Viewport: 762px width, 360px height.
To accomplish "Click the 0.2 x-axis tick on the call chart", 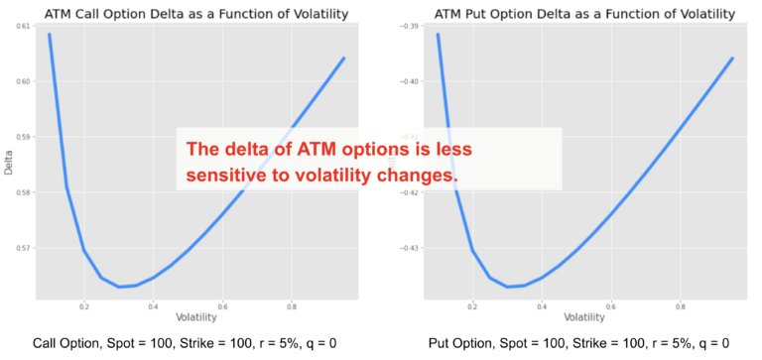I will pos(84,306).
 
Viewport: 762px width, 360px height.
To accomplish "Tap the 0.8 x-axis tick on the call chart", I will pos(291,306).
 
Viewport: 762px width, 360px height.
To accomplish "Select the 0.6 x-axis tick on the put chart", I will pos(611,306).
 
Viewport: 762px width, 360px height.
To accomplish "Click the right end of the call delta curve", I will pos(343,58).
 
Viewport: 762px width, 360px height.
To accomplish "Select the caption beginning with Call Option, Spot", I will pos(186,343).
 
